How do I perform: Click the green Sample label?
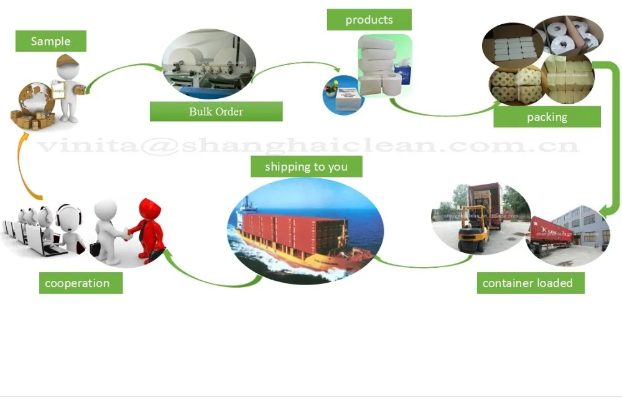coord(50,42)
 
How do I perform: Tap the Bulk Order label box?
coord(216,112)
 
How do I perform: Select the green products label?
coord(369,19)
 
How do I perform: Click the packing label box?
coord(547,117)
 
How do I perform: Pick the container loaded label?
coord(527,283)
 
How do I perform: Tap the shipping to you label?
coord(306,167)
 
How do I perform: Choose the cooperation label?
coord(77,283)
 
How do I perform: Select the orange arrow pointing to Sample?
coord(25,168)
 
